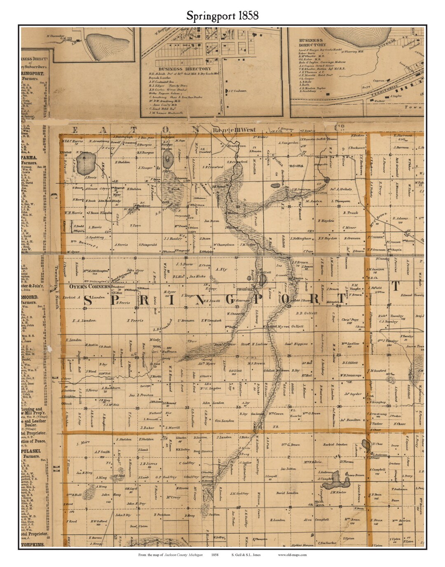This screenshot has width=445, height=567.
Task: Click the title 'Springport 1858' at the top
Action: [x=222, y=16]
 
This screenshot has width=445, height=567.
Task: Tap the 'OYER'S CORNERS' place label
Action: [x=89, y=286]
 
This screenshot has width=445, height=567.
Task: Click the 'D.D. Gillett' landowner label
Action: [x=306, y=313]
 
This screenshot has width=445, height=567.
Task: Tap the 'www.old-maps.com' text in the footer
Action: [x=292, y=555]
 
